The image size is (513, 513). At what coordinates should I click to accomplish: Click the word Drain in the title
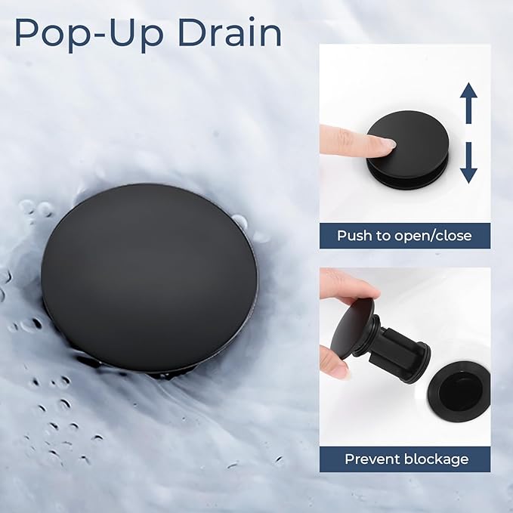230,32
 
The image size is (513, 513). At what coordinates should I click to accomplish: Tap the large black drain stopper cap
149,278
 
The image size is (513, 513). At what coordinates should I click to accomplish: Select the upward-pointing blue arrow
468,103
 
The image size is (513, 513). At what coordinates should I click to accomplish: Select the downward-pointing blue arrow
468,162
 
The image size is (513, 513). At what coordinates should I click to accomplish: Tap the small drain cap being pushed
407,149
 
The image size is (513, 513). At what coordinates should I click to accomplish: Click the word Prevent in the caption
373,459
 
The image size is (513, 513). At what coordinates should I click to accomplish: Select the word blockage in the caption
437,459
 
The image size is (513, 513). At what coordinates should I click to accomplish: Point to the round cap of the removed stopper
352,329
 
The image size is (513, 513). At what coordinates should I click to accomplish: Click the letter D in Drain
191,32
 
